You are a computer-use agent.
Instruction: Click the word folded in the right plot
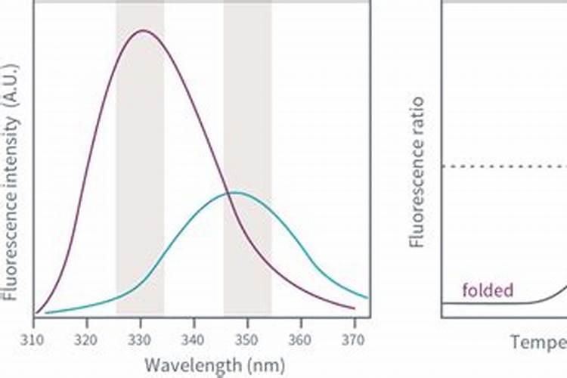487,290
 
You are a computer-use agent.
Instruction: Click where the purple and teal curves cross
226,194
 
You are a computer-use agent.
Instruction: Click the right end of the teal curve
367,297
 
